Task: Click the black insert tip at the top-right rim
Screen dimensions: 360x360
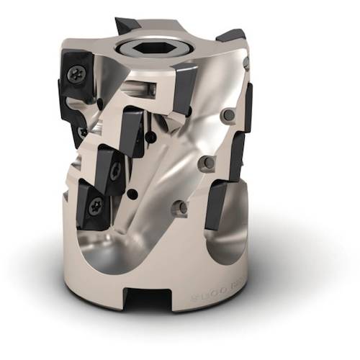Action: click(230, 36)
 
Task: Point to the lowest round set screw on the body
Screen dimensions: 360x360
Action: click(183, 207)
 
